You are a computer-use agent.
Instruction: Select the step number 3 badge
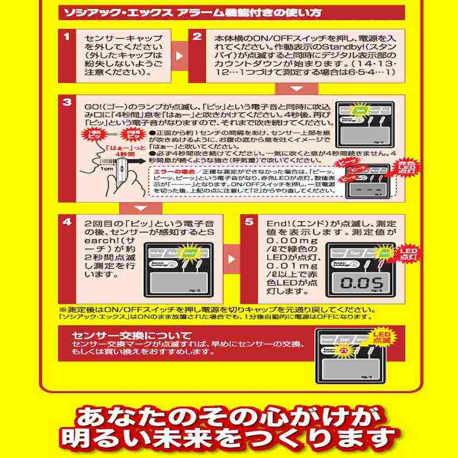coord(67,103)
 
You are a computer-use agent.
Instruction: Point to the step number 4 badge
coord(67,222)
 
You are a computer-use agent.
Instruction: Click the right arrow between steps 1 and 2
coord(179,55)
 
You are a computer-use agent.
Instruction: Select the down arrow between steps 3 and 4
coord(141,208)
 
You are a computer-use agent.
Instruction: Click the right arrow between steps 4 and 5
coord(232,259)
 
